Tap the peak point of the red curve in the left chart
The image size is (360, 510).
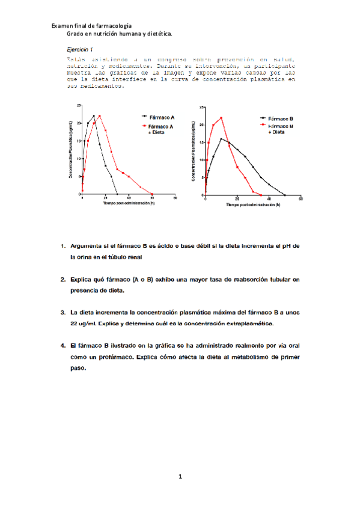pos(100,116)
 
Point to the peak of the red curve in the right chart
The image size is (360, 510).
pos(221,118)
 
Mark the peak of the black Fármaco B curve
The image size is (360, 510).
pos(221,139)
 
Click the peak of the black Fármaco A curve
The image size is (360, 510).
pos(94,116)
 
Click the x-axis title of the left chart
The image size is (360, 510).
pos(129,203)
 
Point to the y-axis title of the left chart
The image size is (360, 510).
pos(71,150)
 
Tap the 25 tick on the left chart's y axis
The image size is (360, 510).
pos(78,105)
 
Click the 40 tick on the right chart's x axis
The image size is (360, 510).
pos(269,199)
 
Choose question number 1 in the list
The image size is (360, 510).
pos(63,247)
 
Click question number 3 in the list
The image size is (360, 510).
pos(63,313)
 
